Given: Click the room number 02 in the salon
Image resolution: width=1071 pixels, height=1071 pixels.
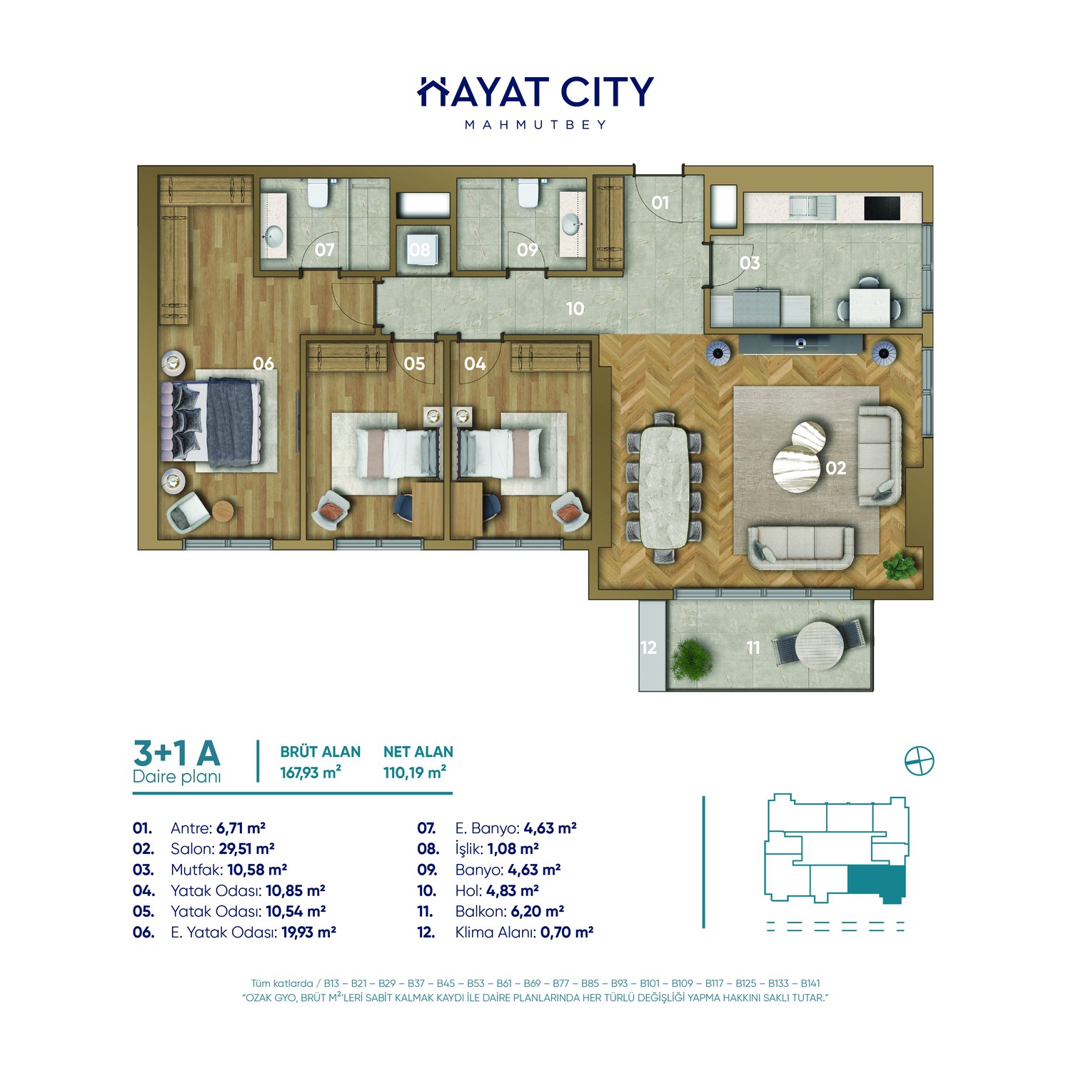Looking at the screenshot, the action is point(835,468).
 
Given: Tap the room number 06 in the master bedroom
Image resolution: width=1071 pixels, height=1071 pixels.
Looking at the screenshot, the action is point(263,363).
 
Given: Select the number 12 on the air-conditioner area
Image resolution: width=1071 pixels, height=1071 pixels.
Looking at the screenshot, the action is point(648,648).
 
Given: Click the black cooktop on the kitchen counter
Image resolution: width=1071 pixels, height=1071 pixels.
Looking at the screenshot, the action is point(883,208).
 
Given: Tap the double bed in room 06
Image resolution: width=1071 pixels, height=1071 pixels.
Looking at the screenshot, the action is point(211,420).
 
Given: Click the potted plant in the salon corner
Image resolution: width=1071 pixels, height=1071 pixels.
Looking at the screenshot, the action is point(899,566).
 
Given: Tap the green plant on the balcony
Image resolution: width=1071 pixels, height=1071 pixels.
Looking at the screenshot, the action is point(692,660).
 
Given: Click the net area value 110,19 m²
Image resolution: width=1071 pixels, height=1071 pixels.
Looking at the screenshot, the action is point(415,773).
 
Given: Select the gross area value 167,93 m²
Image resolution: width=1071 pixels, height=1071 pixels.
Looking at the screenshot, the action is point(311,773).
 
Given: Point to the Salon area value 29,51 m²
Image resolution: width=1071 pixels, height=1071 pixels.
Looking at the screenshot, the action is point(246,849).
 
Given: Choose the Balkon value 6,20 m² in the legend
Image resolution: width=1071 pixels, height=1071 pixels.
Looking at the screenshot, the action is point(538,911).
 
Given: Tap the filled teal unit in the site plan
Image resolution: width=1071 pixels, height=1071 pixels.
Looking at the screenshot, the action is point(876,883).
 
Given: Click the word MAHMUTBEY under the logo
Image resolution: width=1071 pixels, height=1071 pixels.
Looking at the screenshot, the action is point(535,125).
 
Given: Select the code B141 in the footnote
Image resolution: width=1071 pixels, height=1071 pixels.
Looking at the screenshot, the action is point(810,983).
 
